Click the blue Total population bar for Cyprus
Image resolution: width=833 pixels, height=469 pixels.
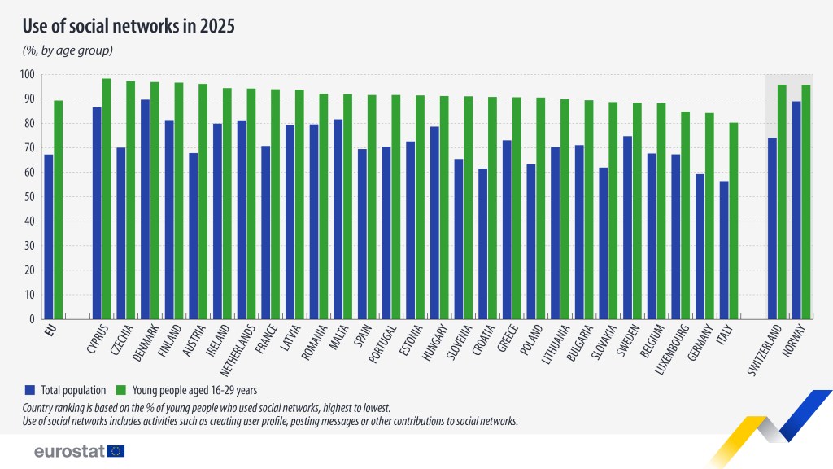pyautogui.click(x=97, y=213)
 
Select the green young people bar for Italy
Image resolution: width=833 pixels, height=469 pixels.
pyautogui.click(x=733, y=221)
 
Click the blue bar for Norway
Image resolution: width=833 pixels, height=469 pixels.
pyautogui.click(x=797, y=210)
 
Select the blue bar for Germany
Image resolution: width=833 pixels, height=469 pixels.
pyautogui.click(x=700, y=246)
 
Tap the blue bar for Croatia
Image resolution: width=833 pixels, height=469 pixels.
pyautogui.click(x=482, y=243)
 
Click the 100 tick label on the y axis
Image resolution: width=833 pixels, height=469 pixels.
pyautogui.click(x=27, y=75)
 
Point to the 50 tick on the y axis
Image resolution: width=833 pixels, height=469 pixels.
pyautogui.click(x=29, y=197)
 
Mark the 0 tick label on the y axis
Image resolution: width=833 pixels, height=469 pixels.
pyautogui.click(x=32, y=319)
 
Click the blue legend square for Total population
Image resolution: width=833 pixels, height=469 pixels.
pyautogui.click(x=30, y=388)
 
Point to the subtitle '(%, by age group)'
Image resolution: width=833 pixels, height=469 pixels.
pyautogui.click(x=67, y=50)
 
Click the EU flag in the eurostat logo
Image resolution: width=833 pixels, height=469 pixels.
pyautogui.click(x=116, y=451)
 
